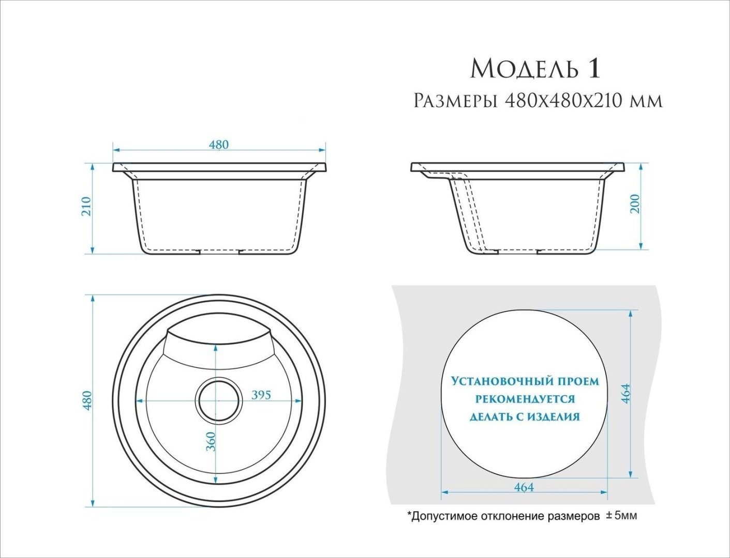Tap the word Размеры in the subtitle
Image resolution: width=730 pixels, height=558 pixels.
point(455,101)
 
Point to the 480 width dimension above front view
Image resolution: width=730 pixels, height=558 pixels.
point(219,145)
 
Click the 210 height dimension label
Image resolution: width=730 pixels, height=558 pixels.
point(86,206)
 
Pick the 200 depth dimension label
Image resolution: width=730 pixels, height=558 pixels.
point(635,204)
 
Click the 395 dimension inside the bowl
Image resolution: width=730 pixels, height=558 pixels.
point(261,395)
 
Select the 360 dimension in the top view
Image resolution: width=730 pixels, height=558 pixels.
point(211,441)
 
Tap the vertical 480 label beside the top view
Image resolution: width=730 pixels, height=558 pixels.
point(87,401)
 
